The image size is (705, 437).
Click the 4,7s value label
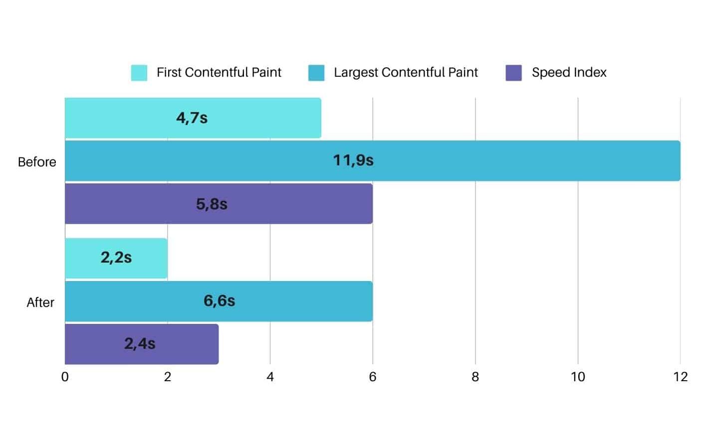click(x=192, y=118)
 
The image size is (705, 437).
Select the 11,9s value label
click(x=353, y=160)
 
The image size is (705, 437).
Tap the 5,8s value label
click(x=212, y=204)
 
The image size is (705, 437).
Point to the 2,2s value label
click(x=116, y=258)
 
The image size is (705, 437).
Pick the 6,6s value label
click(x=219, y=301)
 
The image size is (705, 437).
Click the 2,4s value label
click(x=140, y=344)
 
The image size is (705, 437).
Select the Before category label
click(x=37, y=162)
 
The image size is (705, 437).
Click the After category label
click(x=40, y=302)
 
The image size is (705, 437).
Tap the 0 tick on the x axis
click(x=65, y=377)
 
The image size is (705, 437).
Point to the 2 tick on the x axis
click(x=168, y=377)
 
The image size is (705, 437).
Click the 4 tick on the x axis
click(x=270, y=377)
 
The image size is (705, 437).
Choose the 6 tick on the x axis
click(x=373, y=377)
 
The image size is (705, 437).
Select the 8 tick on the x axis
click(x=475, y=377)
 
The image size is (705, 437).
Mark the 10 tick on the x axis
click(x=578, y=377)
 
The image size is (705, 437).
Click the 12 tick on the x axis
click(x=681, y=377)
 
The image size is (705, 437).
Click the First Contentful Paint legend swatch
click(x=139, y=73)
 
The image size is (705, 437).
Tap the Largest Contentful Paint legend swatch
click(x=316, y=73)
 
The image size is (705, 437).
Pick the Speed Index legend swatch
click(x=513, y=73)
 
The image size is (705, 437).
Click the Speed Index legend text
click(x=569, y=73)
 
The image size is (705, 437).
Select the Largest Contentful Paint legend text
click(x=406, y=73)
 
